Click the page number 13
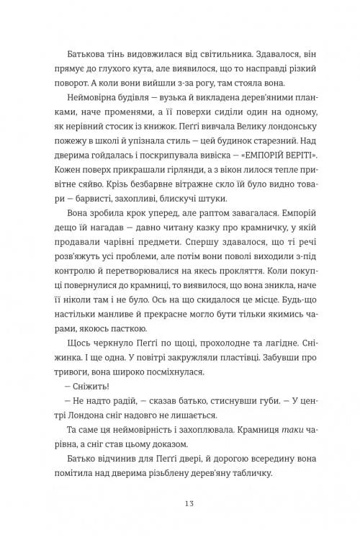(x=179, y=502)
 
